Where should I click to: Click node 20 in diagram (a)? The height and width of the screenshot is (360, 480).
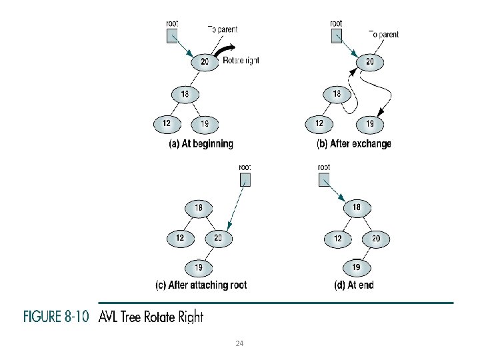click(x=204, y=62)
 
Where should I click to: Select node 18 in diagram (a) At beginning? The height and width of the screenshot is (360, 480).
click(x=184, y=94)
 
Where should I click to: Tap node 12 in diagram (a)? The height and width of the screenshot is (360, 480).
click(x=166, y=123)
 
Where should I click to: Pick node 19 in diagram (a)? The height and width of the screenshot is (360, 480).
click(x=204, y=123)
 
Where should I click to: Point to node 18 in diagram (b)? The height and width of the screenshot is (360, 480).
click(x=337, y=94)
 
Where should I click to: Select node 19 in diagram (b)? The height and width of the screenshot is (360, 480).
click(x=369, y=123)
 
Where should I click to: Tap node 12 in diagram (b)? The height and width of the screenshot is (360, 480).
click(x=319, y=123)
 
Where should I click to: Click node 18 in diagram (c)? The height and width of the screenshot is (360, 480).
click(x=199, y=208)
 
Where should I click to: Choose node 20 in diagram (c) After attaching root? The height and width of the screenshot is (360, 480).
click(x=218, y=237)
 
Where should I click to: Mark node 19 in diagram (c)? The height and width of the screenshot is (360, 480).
click(x=199, y=267)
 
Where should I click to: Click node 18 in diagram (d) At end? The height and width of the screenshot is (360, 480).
click(x=357, y=208)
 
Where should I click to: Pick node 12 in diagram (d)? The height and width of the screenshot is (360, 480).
click(x=338, y=238)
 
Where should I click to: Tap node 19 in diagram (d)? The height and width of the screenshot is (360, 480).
click(x=357, y=267)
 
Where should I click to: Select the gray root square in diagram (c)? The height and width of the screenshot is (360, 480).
click(x=245, y=179)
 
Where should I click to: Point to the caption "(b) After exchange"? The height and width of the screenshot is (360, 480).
click(x=353, y=143)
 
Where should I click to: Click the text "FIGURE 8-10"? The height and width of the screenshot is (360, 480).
click(x=57, y=317)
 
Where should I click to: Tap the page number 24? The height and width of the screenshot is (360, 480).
click(x=240, y=343)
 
